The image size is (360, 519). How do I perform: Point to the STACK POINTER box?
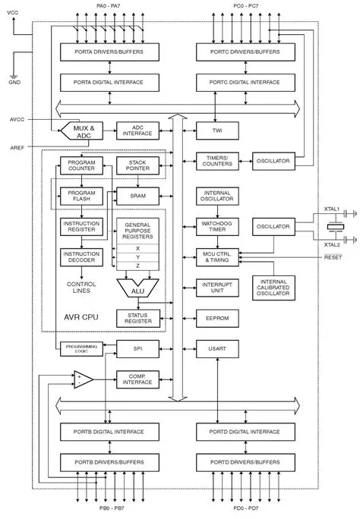click(137, 165)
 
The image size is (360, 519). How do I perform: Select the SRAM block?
click(137, 196)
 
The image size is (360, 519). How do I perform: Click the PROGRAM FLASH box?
click(81, 196)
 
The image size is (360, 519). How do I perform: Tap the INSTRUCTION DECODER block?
click(81, 257)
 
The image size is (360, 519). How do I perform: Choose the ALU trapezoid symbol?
click(137, 288)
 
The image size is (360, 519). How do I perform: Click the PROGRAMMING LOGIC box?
click(81, 349)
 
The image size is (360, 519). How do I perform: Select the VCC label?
click(13, 13)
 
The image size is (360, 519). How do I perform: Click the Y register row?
click(137, 256)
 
